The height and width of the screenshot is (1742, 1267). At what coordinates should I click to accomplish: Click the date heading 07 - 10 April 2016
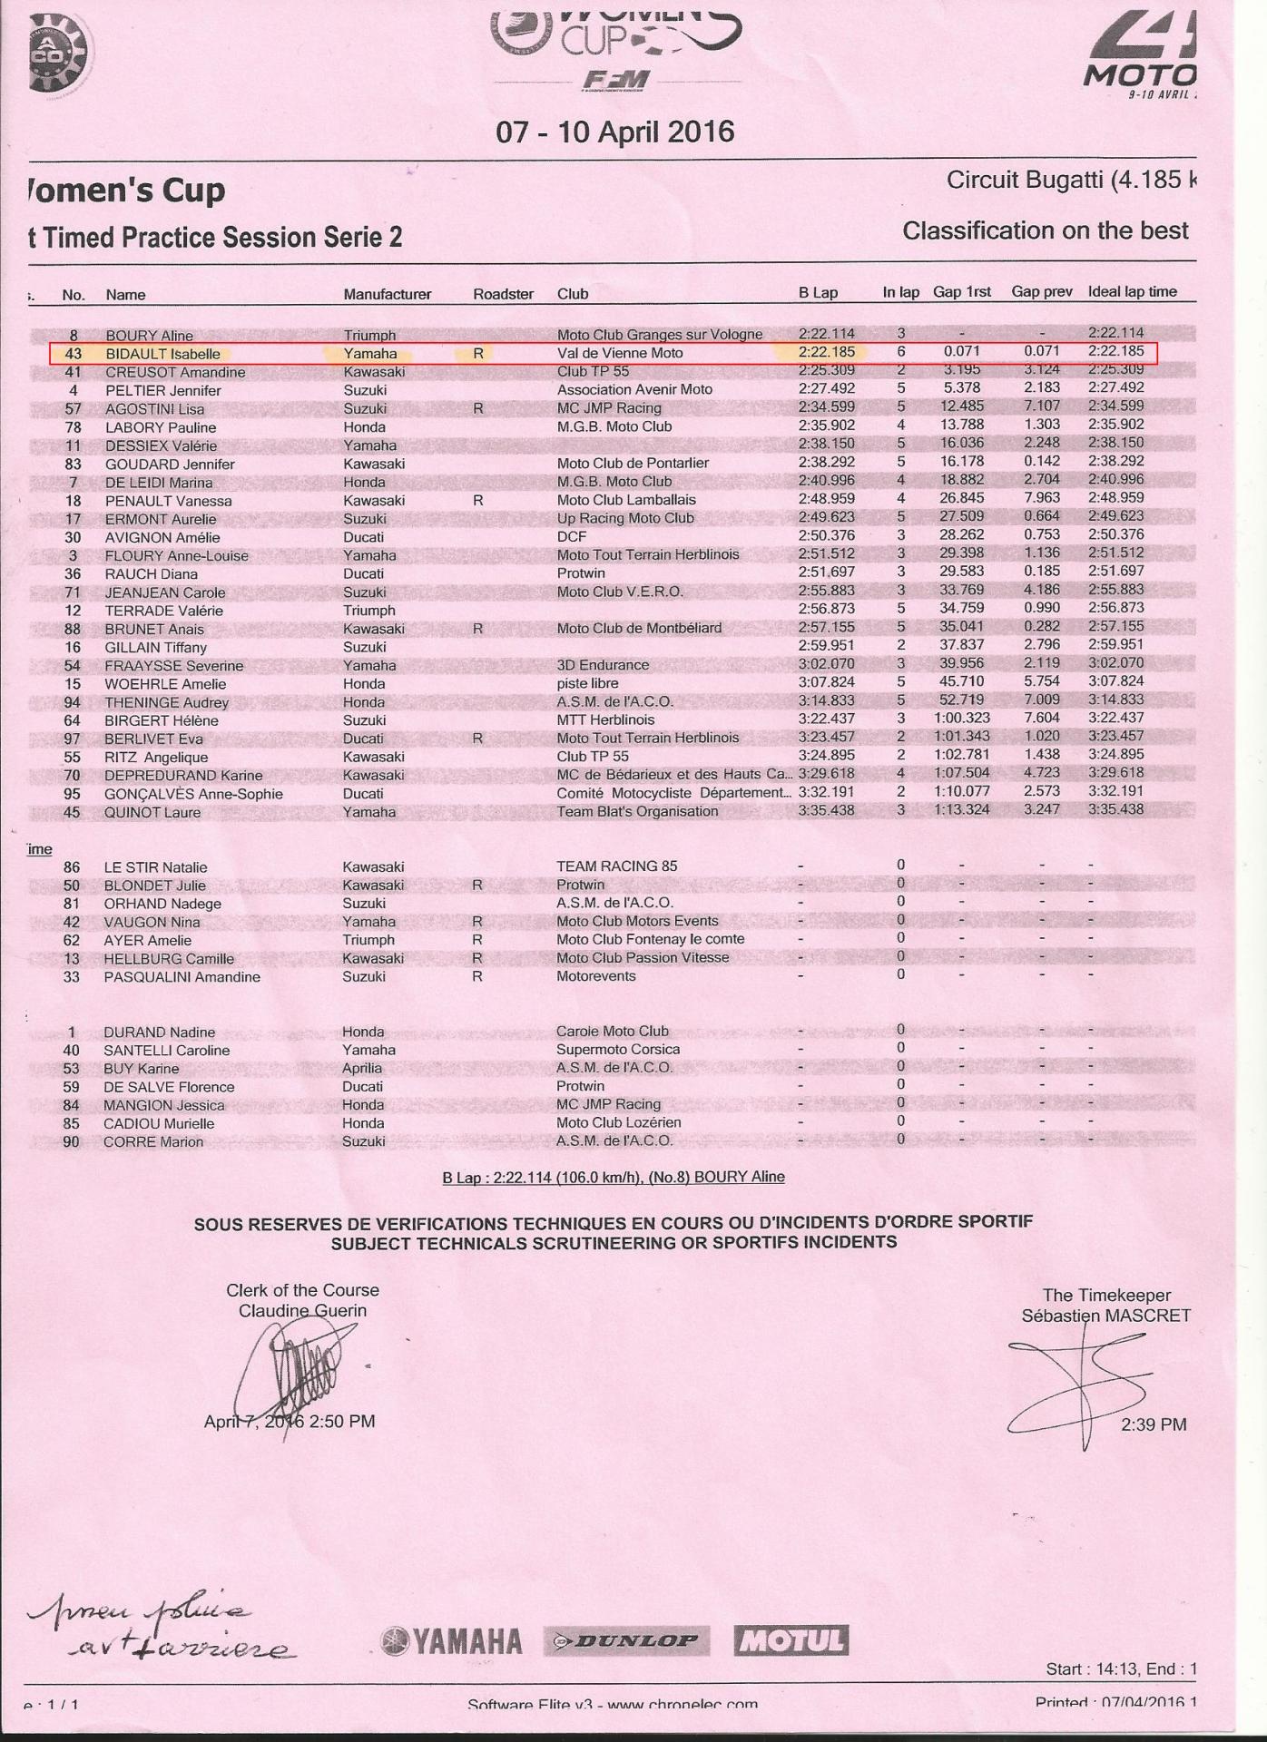tap(614, 132)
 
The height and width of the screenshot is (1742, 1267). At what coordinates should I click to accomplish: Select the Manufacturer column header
tap(387, 294)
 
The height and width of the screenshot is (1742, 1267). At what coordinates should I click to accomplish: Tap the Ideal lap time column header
tap(1132, 292)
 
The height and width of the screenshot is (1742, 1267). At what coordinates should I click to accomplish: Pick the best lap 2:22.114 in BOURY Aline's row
tap(826, 334)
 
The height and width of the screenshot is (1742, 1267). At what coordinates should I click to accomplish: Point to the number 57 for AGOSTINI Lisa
tap(74, 409)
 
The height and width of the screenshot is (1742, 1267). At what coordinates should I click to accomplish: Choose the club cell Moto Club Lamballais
tap(626, 500)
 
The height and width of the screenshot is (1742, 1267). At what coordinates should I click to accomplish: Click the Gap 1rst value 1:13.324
tap(962, 809)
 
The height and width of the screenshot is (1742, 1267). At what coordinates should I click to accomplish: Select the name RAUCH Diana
tap(151, 574)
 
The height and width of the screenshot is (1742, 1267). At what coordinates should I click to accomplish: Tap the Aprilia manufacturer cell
tap(362, 1068)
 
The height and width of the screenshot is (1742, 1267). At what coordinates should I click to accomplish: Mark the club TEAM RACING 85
tap(616, 866)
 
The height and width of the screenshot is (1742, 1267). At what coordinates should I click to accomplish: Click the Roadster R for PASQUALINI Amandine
tap(477, 976)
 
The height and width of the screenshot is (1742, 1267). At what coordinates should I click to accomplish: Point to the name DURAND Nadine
tap(159, 1032)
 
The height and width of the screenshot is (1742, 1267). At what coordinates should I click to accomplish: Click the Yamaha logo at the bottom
tap(452, 1641)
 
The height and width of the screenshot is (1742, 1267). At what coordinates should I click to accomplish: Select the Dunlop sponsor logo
tap(626, 1640)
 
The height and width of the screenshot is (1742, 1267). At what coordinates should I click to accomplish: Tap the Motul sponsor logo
tap(791, 1640)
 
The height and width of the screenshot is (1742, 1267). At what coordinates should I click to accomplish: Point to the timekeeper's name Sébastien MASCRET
tap(1105, 1316)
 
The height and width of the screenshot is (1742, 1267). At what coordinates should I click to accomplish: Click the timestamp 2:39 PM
tap(1154, 1424)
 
